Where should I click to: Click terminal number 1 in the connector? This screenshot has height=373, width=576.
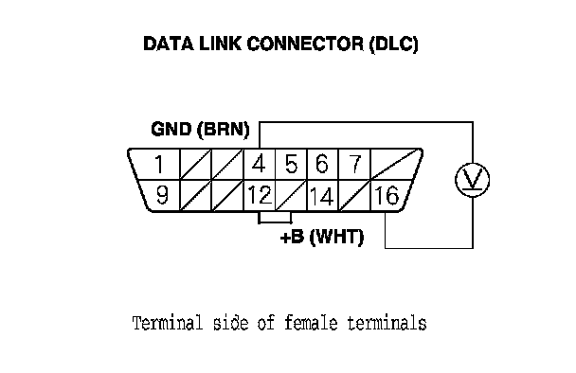tap(159, 164)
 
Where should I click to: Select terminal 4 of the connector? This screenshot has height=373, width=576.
tap(259, 164)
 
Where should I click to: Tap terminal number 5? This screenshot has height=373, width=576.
tap(291, 164)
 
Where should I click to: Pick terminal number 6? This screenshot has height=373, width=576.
tap(322, 164)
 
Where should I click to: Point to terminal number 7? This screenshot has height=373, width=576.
tap(355, 164)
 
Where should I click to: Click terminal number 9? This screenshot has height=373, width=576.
tap(162, 195)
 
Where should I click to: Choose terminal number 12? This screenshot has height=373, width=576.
tap(260, 195)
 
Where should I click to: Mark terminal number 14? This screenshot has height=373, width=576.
tap(322, 196)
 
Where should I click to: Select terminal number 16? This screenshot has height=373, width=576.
tap(387, 195)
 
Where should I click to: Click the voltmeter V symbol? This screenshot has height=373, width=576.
tap(473, 180)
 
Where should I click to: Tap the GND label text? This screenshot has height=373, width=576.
tap(171, 130)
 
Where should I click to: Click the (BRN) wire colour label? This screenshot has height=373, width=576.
tap(224, 130)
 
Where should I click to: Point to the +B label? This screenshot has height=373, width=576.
tap(293, 237)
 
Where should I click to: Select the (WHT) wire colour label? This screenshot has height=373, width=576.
tap(337, 238)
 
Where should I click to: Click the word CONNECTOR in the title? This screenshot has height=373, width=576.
tap(306, 44)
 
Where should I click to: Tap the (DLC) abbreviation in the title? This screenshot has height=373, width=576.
tap(394, 44)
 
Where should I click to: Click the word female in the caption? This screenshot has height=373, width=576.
tap(311, 323)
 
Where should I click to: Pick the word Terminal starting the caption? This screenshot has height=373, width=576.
tap(168, 323)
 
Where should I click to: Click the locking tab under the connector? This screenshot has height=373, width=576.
tap(275, 218)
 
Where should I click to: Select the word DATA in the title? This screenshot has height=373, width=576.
tap(169, 44)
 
